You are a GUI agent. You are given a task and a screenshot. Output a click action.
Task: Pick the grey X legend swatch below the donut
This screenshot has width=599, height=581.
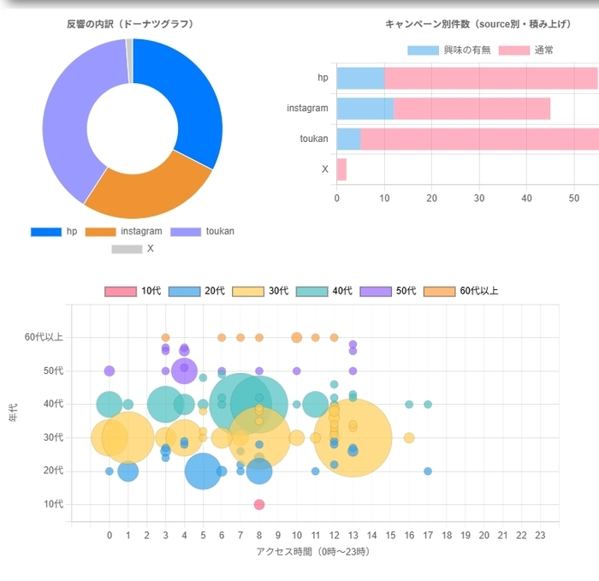[126, 249]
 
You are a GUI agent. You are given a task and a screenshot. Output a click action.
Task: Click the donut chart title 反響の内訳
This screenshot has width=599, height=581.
[130, 24]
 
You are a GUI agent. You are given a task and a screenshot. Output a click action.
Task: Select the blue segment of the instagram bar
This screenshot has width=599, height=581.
[365, 109]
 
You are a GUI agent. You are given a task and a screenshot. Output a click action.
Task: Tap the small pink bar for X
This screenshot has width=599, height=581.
[341, 169]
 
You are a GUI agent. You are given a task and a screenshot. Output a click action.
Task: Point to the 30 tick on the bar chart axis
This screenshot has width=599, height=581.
[479, 199]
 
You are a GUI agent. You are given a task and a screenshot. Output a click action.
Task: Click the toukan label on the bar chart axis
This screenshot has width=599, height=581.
[314, 139]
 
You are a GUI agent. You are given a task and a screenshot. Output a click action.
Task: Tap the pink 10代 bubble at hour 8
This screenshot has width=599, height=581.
[259, 504]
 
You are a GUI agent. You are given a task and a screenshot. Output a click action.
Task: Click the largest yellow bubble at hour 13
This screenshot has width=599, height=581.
[353, 437]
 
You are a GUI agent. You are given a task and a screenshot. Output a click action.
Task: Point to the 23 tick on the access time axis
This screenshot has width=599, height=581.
[540, 536]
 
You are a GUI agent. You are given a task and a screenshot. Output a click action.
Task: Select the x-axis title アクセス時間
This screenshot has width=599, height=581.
[313, 552]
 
